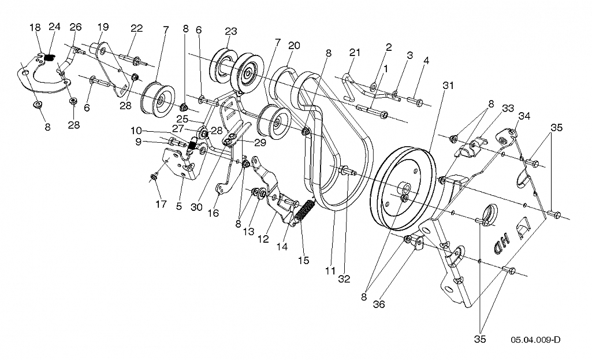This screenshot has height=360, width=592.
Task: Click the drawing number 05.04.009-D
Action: click(x=535, y=340)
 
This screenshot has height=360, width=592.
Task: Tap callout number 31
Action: click(x=448, y=86)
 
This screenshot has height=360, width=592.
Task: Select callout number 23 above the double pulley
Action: click(x=230, y=31)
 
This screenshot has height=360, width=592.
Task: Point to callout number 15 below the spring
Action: click(x=303, y=260)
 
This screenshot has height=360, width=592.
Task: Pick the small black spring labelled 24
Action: click(x=50, y=57)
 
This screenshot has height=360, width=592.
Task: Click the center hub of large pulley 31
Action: click(x=406, y=187)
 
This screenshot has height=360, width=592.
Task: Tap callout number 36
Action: click(x=379, y=304)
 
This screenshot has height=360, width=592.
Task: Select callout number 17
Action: click(x=161, y=205)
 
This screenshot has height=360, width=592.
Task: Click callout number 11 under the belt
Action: click(x=330, y=271)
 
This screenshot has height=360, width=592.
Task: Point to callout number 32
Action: click(x=344, y=279)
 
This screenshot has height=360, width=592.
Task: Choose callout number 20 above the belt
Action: click(x=294, y=45)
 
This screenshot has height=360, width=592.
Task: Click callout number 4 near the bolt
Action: click(x=426, y=60)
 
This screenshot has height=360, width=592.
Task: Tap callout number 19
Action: click(x=103, y=27)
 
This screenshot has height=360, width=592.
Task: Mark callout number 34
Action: click(x=524, y=116)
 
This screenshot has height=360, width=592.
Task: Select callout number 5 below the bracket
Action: click(x=179, y=206)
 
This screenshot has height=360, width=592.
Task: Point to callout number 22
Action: click(x=137, y=28)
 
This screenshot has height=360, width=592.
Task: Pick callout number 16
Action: click(x=213, y=213)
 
